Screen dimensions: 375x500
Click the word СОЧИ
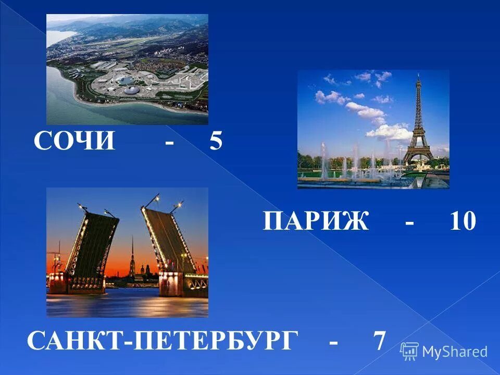click(74, 141)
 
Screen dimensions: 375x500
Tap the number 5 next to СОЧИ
click(216, 141)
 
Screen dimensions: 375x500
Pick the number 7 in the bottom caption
click(379, 341)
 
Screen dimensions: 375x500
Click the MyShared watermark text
click(455, 352)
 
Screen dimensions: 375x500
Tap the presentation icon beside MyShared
click(409, 351)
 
